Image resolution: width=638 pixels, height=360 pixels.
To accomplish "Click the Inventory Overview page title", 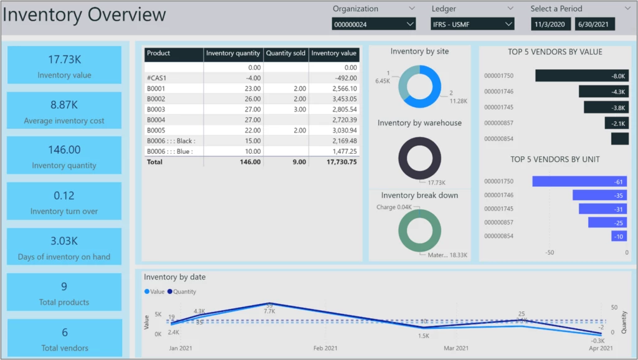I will (x=84, y=15).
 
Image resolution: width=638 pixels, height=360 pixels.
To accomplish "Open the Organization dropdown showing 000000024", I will (x=373, y=24).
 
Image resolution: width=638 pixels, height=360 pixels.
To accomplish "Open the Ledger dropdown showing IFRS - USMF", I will (x=472, y=24).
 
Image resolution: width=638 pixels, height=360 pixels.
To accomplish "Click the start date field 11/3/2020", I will (x=551, y=24).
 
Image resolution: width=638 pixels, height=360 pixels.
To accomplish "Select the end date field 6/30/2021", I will (x=594, y=24).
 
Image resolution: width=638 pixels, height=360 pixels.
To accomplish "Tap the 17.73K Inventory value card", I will (x=64, y=65).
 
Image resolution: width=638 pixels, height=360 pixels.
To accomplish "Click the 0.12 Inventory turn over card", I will (x=64, y=202).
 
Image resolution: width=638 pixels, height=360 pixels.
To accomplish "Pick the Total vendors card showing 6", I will (x=64, y=338).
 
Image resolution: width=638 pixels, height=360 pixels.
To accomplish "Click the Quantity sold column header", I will (x=285, y=54).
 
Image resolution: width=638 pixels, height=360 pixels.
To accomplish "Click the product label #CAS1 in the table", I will (x=156, y=78).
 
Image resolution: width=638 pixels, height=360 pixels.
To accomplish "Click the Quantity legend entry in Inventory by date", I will (x=182, y=291).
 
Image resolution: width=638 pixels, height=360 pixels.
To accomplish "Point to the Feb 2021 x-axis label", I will (x=325, y=348).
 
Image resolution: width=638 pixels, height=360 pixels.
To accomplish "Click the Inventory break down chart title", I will (x=419, y=196).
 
